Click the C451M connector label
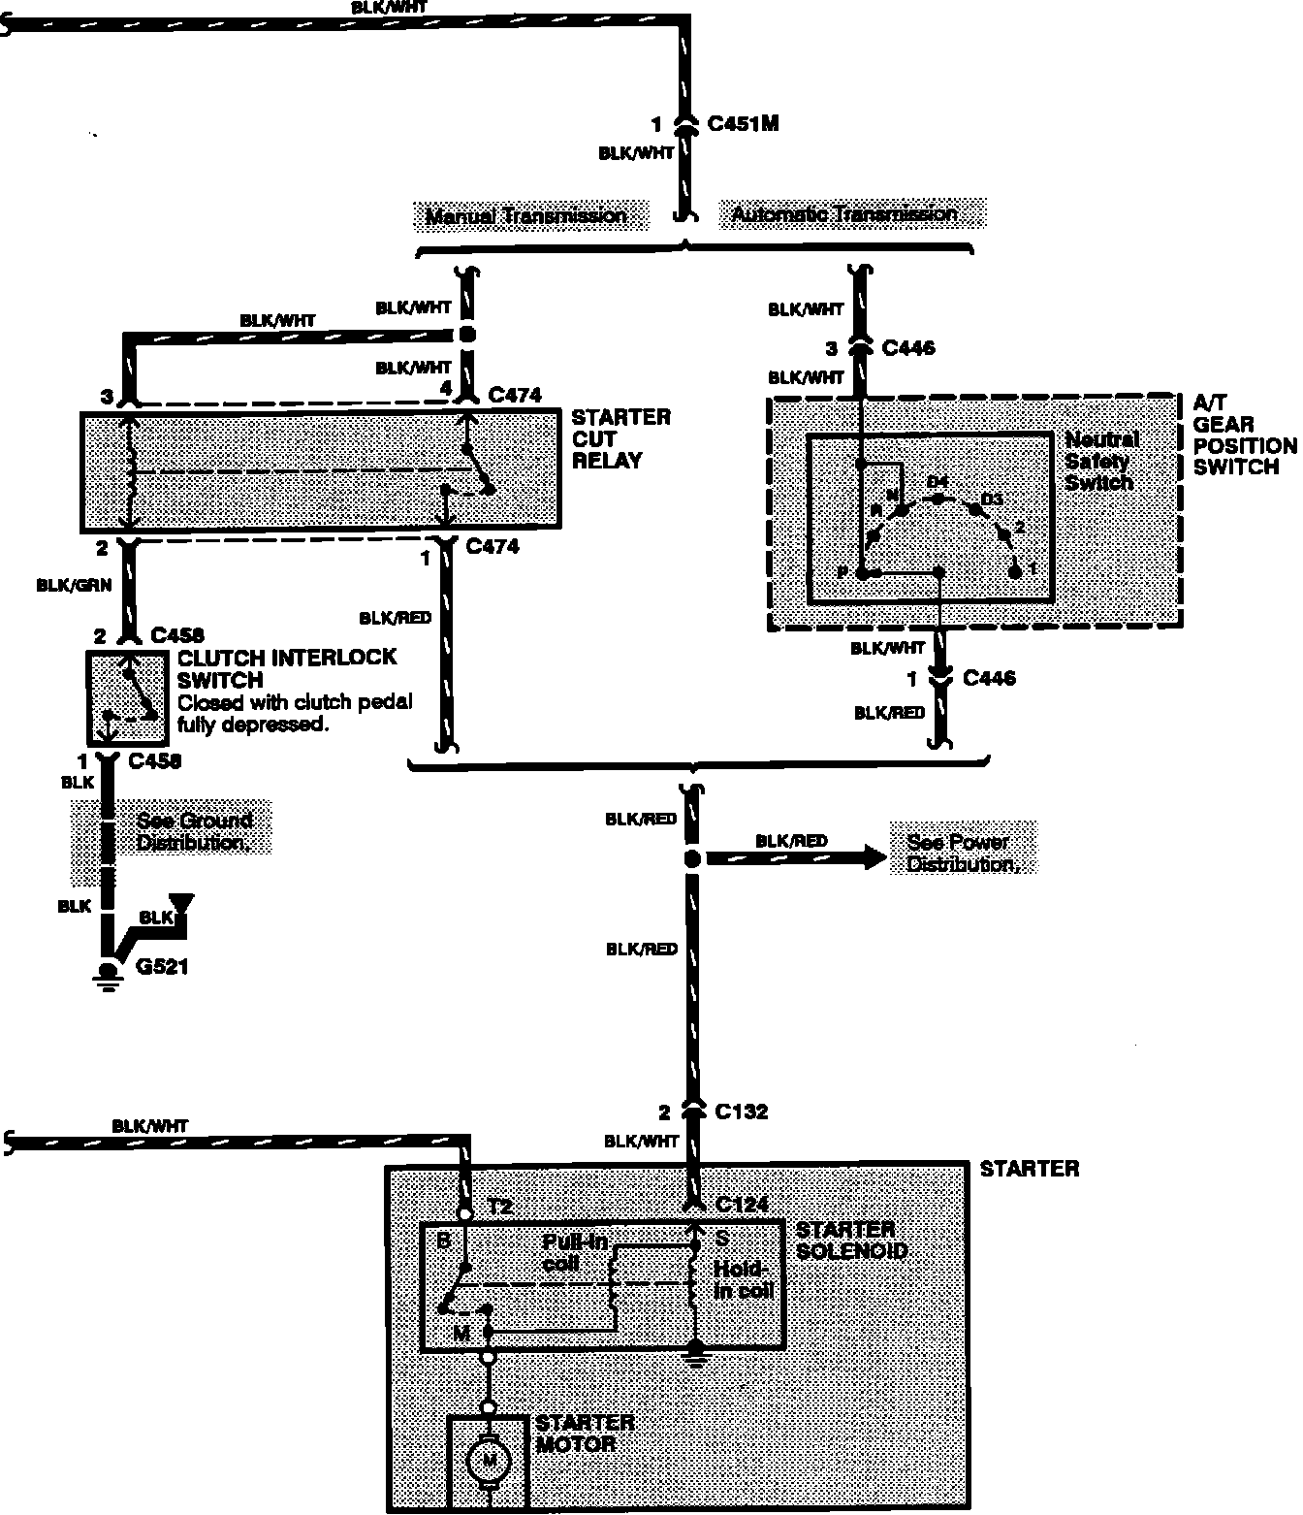[743, 124]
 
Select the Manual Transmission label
[525, 215]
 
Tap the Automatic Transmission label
[843, 213]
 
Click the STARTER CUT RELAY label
[620, 438]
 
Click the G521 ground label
[162, 967]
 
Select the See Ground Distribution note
[193, 831]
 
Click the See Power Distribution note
[961, 853]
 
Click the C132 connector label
[741, 1112]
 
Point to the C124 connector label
[742, 1205]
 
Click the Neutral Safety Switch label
[1100, 461]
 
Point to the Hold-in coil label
[744, 1279]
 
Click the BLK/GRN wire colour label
[74, 585]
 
